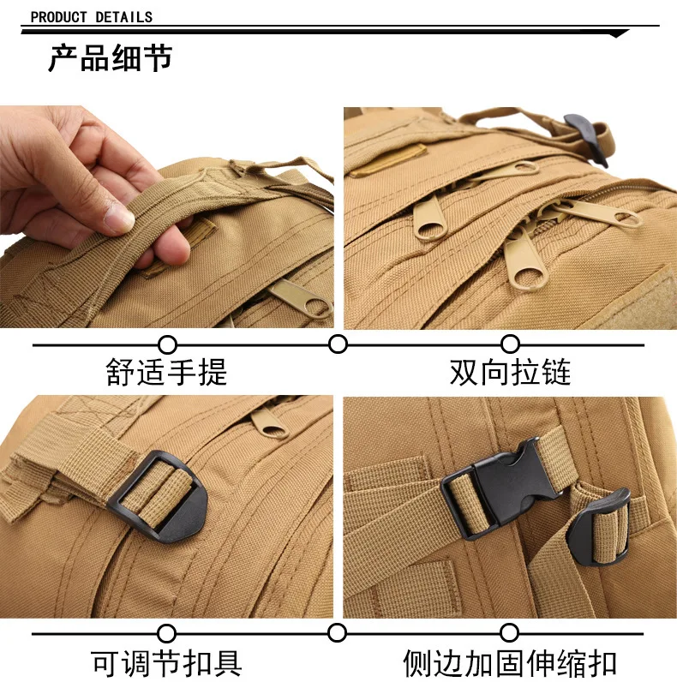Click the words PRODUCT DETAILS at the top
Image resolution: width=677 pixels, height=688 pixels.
click(91, 17)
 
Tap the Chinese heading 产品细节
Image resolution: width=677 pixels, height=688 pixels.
click(111, 58)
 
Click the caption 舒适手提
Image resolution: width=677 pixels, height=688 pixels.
click(166, 372)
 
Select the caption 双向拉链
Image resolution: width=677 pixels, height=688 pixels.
click(510, 372)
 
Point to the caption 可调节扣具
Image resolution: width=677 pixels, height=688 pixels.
click(166, 663)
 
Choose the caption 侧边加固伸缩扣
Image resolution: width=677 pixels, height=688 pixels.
click(510, 663)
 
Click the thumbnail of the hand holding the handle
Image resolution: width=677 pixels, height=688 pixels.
click(167, 217)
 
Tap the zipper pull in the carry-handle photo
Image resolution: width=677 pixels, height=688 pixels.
click(302, 299)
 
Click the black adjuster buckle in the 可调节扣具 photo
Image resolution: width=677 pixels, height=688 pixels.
click(158, 496)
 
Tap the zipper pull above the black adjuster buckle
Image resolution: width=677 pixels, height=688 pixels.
click(269, 422)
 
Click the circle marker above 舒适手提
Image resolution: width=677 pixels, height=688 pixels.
click(167, 345)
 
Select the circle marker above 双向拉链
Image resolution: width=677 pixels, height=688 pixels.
click(510, 344)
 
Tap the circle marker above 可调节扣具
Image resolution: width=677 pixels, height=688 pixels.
click(166, 633)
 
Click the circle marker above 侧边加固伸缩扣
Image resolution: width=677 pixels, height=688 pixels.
click(509, 632)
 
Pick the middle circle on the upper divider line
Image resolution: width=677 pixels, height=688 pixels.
click(338, 344)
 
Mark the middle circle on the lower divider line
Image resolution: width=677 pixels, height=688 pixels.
click(337, 633)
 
